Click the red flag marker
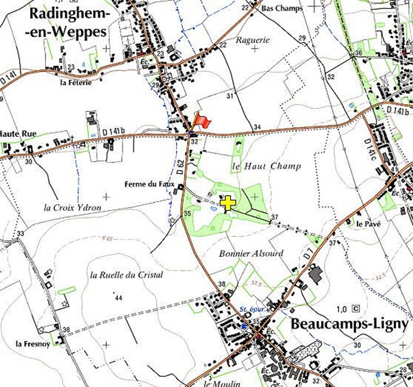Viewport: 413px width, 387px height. [201, 121]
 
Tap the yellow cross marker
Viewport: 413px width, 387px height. [228, 202]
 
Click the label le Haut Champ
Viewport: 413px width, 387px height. [257, 166]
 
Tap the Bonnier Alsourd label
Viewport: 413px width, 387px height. [251, 253]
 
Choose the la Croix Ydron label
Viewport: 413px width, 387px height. [72, 208]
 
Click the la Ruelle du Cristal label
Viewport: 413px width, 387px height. [126, 275]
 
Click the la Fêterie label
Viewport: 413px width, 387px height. [76, 83]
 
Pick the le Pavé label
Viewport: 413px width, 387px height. [368, 223]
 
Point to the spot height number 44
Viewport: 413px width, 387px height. [118, 297]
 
